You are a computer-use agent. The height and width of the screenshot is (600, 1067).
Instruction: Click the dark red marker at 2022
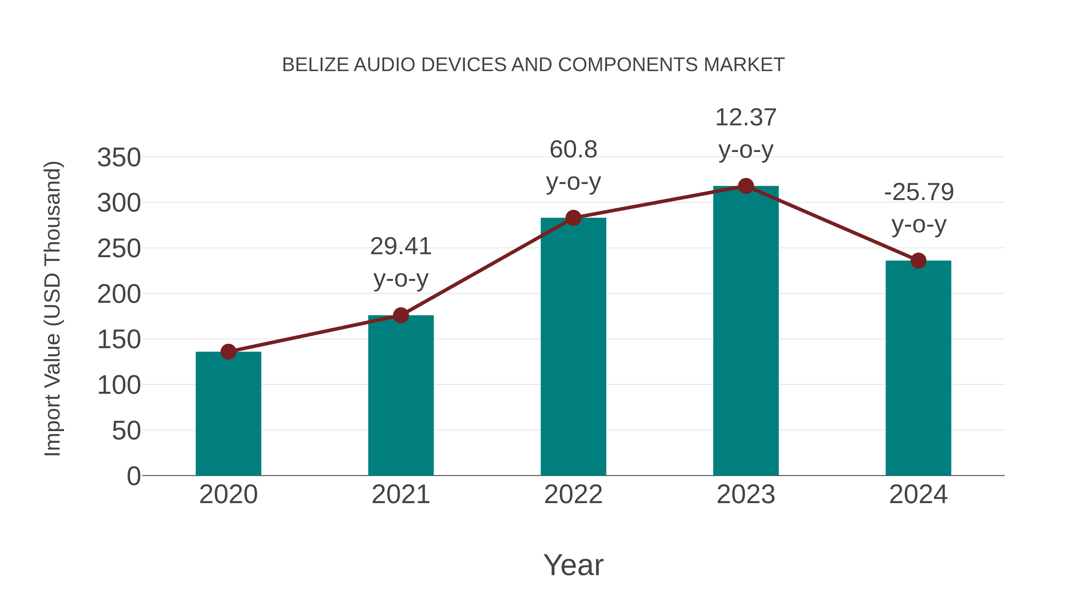pyautogui.click(x=573, y=217)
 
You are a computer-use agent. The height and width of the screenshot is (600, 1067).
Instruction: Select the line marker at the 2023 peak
pyautogui.click(x=746, y=186)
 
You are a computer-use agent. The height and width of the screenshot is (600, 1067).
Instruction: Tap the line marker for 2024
pyautogui.click(x=918, y=260)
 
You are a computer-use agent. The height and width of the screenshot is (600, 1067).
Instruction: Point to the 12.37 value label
pyautogui.click(x=746, y=118)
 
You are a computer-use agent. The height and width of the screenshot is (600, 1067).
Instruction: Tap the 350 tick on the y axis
pyautogui.click(x=119, y=158)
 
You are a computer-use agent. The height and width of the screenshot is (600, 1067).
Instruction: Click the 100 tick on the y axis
pyautogui.click(x=119, y=385)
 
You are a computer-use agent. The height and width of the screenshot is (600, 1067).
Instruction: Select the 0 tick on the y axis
pyautogui.click(x=133, y=476)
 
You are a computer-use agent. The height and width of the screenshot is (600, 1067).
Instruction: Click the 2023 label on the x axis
pyautogui.click(x=746, y=495)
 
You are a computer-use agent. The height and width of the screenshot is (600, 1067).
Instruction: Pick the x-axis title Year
pyautogui.click(x=573, y=565)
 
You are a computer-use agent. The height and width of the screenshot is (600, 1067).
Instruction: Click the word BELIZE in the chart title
pyautogui.click(x=315, y=65)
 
